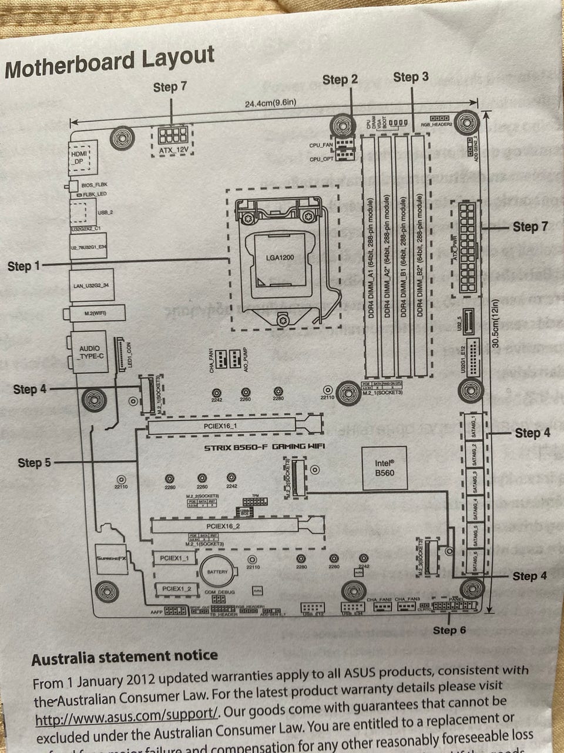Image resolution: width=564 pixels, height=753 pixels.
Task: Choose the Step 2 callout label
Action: click(340, 79)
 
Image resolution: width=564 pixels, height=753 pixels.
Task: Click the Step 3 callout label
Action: click(411, 77)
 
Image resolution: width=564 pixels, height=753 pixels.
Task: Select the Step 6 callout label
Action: click(449, 630)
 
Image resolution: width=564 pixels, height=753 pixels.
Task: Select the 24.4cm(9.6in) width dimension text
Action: click(270, 104)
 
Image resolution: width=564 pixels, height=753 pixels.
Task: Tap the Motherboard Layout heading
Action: click(109, 62)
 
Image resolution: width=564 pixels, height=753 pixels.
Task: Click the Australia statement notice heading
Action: click(125, 656)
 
